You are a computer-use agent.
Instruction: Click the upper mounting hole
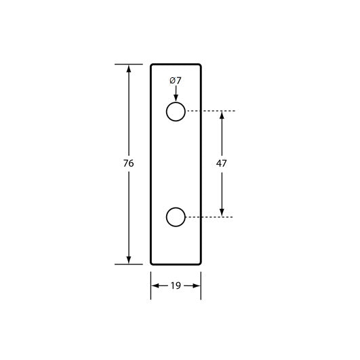pos(176,111)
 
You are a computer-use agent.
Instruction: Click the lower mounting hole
pos(176,217)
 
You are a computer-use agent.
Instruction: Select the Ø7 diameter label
pos(176,81)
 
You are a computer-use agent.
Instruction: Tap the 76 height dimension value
pos(129,163)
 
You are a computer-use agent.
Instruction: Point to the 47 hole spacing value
pos(222,163)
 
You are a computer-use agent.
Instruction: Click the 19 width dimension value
pos(176,286)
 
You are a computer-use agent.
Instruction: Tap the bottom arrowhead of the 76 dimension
pos(129,259)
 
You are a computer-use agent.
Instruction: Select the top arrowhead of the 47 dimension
pos(222,116)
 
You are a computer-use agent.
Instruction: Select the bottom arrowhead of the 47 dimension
pos(222,212)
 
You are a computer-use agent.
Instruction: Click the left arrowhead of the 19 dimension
pos(155,286)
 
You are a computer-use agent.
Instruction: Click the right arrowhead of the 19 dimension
pos(196,286)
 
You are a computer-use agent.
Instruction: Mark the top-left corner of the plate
pos(152,66)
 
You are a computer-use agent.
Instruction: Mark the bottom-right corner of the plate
pos(200,263)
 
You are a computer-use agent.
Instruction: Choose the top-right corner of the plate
pos(200,66)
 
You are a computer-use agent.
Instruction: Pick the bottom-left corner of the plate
pos(152,263)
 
